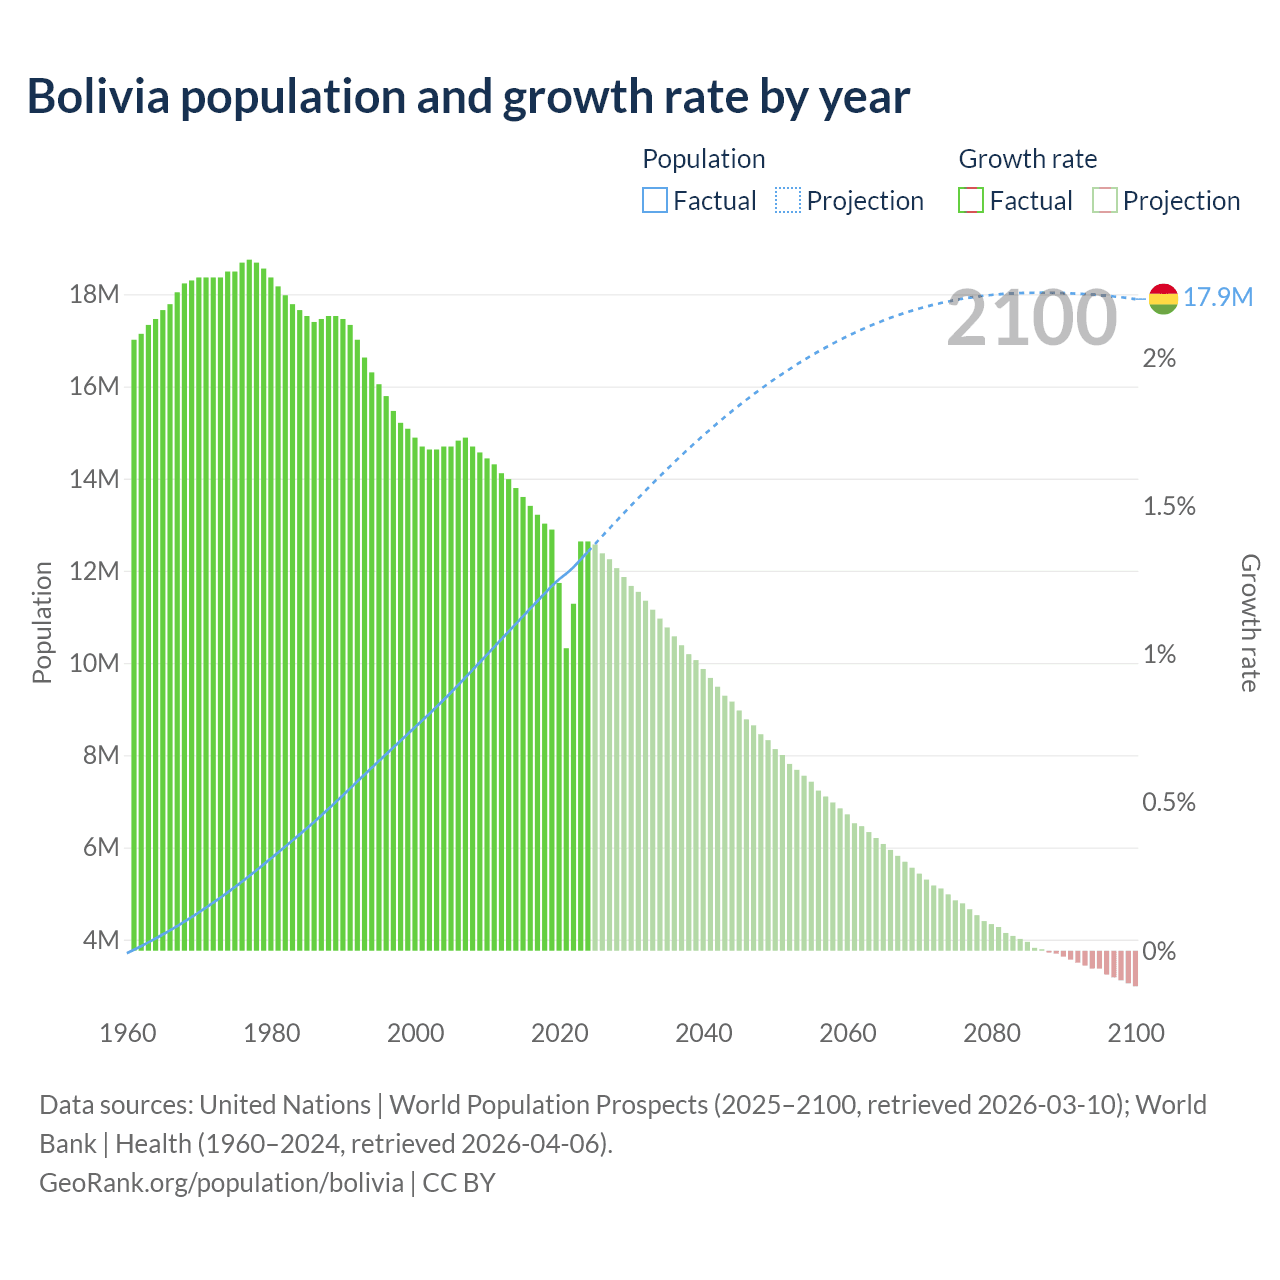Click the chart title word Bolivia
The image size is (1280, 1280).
pyautogui.click(x=98, y=97)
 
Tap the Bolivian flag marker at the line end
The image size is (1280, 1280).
pyautogui.click(x=1163, y=298)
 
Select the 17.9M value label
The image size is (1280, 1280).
pyautogui.click(x=1218, y=297)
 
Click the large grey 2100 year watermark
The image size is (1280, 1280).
pyautogui.click(x=1031, y=318)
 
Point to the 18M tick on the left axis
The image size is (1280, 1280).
pyautogui.click(x=94, y=295)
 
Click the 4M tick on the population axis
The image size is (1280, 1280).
pyautogui.click(x=100, y=940)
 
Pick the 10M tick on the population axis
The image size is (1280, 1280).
pyautogui.click(x=94, y=664)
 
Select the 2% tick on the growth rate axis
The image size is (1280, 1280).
pyautogui.click(x=1159, y=359)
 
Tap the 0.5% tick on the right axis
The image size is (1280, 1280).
pyautogui.click(x=1169, y=803)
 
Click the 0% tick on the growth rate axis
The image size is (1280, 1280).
pyautogui.click(x=1159, y=951)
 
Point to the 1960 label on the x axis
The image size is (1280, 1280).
pyautogui.click(x=128, y=1033)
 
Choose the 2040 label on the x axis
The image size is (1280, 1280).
pyautogui.click(x=704, y=1033)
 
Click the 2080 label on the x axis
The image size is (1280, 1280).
pyautogui.click(x=992, y=1033)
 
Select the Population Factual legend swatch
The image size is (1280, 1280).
pyautogui.click(x=654, y=201)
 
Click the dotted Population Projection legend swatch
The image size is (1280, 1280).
pyautogui.click(x=788, y=201)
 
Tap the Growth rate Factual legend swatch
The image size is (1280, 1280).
pyautogui.click(x=971, y=201)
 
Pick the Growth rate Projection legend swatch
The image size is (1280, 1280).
pyautogui.click(x=1105, y=201)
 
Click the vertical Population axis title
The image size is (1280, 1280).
pyautogui.click(x=42, y=622)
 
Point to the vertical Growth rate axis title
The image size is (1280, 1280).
pyautogui.click(x=1250, y=622)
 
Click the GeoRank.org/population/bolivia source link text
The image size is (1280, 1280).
pyautogui.click(x=221, y=1183)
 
